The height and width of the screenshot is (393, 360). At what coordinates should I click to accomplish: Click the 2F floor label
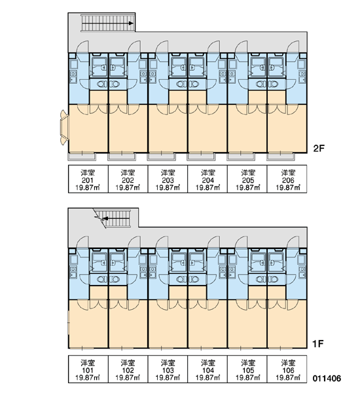tap(319, 149)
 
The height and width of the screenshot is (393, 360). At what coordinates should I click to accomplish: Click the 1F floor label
tap(318, 344)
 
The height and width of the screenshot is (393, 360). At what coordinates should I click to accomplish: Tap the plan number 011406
tap(327, 378)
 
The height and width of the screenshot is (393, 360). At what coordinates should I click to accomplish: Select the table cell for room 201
tap(88, 179)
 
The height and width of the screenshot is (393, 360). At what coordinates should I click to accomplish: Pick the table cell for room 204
tap(207, 179)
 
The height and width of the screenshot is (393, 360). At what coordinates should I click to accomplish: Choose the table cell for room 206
tap(287, 179)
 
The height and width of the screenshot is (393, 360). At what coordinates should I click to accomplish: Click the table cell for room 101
tap(88, 369)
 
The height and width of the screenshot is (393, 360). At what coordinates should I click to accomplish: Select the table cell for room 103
tap(168, 369)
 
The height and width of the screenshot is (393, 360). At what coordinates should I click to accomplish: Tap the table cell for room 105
tap(247, 369)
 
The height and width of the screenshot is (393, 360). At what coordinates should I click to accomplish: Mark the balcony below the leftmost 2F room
tap(82, 157)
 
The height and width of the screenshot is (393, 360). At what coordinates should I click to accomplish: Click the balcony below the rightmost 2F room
tap(281, 157)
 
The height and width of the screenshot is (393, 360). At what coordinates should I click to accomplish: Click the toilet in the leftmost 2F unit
tap(101, 84)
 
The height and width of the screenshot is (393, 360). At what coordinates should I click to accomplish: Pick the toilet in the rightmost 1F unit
tap(273, 279)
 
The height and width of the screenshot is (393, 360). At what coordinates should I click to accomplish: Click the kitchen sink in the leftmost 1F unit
tap(73, 272)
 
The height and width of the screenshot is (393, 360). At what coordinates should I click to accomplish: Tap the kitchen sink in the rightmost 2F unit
tap(302, 77)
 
